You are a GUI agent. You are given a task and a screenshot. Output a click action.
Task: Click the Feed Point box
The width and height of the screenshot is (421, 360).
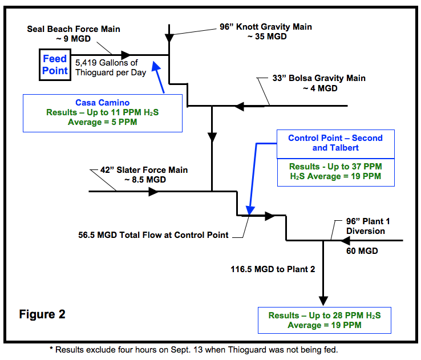click(55, 64)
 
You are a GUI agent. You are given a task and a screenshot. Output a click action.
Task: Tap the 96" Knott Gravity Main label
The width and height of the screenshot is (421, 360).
click(266, 31)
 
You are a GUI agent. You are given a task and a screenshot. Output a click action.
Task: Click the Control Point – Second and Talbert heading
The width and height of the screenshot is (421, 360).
click(335, 143)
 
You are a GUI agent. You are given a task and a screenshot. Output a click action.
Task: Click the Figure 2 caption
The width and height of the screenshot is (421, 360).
click(42, 314)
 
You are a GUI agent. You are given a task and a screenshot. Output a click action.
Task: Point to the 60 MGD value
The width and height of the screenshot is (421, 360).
click(361, 250)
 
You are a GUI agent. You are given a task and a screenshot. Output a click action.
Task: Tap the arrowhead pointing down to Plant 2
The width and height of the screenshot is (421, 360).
click(323, 301)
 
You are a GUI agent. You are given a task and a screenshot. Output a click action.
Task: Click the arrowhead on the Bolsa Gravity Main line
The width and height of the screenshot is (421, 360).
click(240, 106)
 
